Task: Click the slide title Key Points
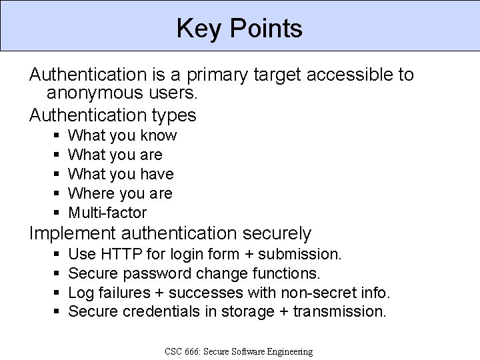[x=239, y=29]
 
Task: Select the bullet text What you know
[x=123, y=135]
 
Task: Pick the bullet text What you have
[x=121, y=174]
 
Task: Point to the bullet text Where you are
[x=120, y=193]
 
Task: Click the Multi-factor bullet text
[x=107, y=213]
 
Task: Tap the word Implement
[x=71, y=233]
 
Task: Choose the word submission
[x=300, y=254]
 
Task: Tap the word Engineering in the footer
[x=288, y=351]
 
